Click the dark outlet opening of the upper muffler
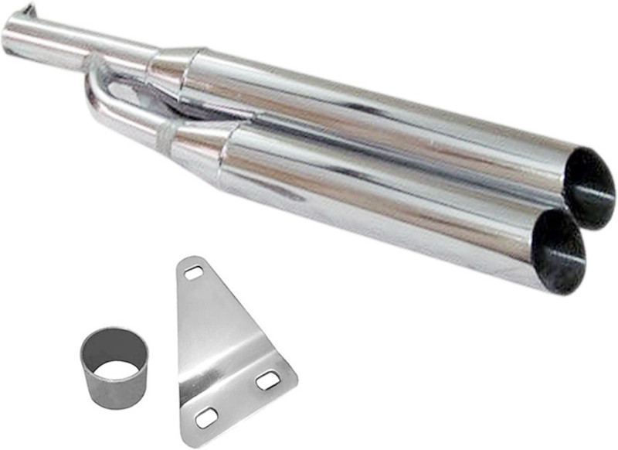(589, 188)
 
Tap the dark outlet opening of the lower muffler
(559, 251)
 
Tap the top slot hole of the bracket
(192, 272)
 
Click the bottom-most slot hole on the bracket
(205, 418)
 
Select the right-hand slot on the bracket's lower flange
(267, 380)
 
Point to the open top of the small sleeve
(114, 349)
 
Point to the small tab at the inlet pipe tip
(28, 10)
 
